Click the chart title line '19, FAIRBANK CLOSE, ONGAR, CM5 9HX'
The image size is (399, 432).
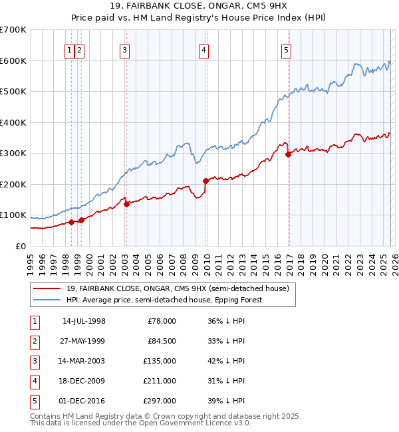tap(199, 7)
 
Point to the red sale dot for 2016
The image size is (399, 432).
tap(288, 154)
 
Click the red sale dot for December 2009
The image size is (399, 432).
tap(205, 181)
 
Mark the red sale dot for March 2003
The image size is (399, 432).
tap(126, 204)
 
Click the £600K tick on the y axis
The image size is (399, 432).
tap(13, 60)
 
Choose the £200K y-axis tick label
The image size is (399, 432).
tap(13, 184)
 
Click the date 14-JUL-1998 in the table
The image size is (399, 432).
tap(84, 321)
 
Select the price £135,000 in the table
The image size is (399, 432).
tap(160, 361)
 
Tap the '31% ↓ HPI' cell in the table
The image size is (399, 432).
tap(227, 381)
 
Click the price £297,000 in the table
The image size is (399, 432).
tap(160, 401)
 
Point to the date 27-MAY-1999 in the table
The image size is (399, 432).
tap(84, 341)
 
